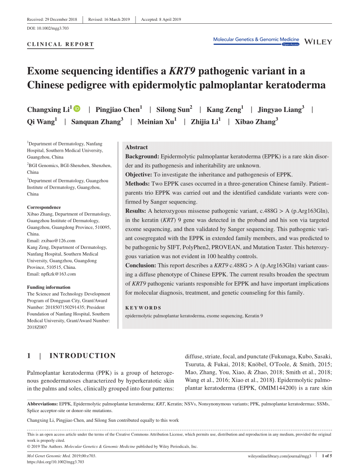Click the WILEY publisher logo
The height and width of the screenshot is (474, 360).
(x=318, y=42)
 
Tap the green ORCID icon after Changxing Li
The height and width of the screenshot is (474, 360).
(x=77, y=109)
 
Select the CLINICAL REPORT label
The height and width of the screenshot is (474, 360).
(x=60, y=45)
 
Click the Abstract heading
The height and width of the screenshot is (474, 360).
(x=136, y=147)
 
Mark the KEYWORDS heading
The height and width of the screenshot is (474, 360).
(x=143, y=308)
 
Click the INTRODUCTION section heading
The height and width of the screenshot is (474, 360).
(x=83, y=356)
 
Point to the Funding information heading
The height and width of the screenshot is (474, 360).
(x=49, y=287)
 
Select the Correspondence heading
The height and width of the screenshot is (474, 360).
(x=44, y=207)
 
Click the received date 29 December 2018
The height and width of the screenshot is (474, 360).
(x=61, y=20)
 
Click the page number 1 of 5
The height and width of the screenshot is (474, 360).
(x=327, y=456)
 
